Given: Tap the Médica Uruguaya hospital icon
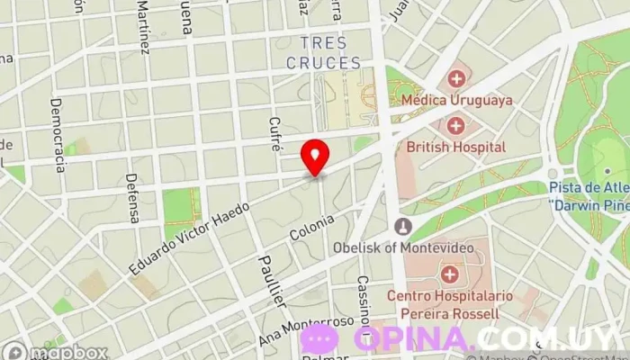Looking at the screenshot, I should click(x=457, y=77).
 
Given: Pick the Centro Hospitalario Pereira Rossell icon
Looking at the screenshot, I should click(x=449, y=273).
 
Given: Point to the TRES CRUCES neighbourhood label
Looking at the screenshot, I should click(x=324, y=53).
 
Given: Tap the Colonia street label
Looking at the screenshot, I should click(x=311, y=229).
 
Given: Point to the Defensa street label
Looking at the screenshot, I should click(x=133, y=198).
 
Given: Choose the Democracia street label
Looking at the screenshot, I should click(x=59, y=144).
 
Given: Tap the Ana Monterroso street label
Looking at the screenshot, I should click(x=306, y=332).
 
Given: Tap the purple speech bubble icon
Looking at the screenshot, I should click(x=319, y=339).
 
